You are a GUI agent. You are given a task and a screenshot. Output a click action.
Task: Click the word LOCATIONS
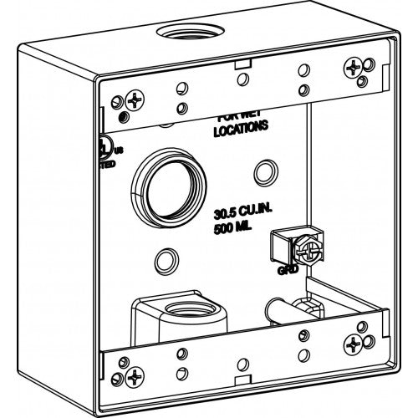pyautogui.click(x=241, y=130)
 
